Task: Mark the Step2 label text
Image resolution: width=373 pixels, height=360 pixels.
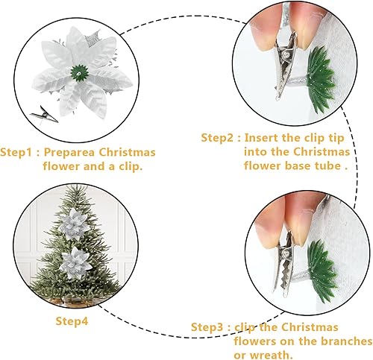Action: pyautogui.click(x=220, y=138)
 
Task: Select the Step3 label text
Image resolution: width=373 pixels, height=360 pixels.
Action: pyautogui.click(x=210, y=327)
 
